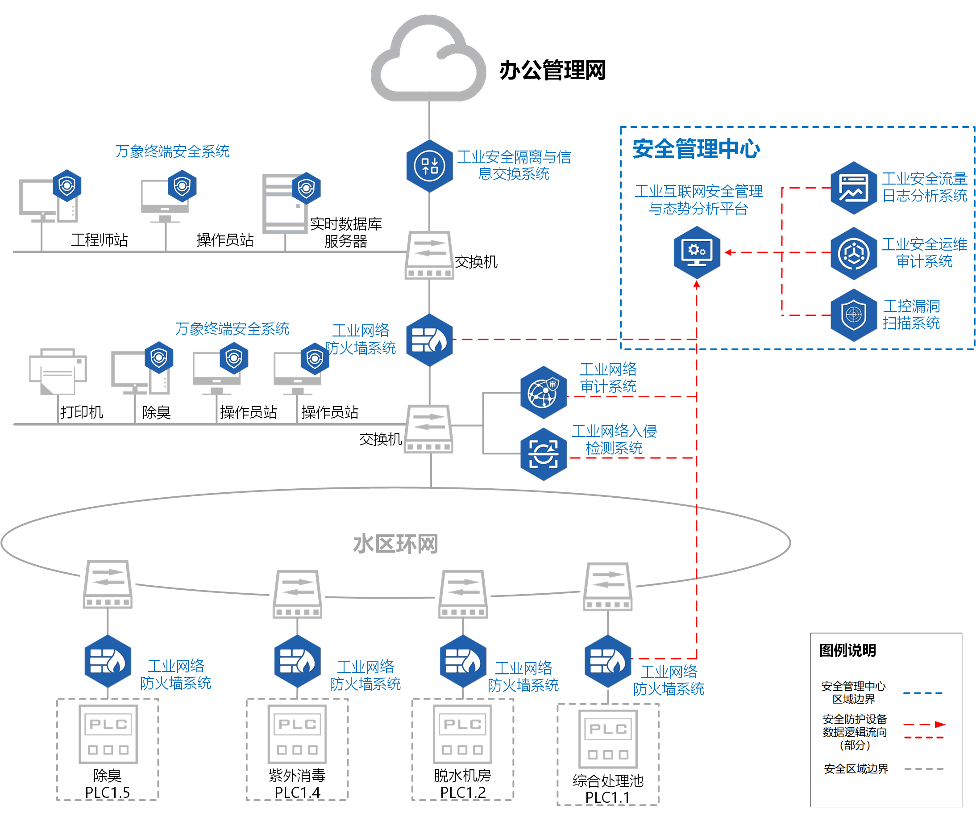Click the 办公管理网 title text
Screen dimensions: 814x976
click(x=552, y=71)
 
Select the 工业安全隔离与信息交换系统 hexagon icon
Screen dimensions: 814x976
click(x=429, y=166)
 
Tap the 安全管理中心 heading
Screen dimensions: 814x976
click(x=696, y=149)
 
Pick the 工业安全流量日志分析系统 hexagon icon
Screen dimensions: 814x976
click(x=853, y=188)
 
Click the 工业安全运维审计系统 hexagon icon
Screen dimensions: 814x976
click(x=853, y=253)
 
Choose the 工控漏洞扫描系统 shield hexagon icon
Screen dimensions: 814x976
click(x=853, y=315)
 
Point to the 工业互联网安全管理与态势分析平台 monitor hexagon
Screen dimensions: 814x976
click(x=697, y=252)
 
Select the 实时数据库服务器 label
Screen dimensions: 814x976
click(x=346, y=233)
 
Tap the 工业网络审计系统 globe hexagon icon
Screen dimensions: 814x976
click(x=543, y=392)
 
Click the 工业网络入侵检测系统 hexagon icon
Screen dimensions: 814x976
click(x=543, y=454)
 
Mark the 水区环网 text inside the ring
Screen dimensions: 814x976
click(x=395, y=544)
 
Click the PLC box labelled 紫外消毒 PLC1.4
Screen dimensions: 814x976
click(x=297, y=734)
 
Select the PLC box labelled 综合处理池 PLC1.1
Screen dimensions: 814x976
click(x=607, y=738)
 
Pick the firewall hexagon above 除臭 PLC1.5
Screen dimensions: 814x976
click(x=108, y=661)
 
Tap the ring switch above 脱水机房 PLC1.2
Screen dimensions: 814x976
click(x=463, y=594)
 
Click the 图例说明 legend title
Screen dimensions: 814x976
click(x=847, y=650)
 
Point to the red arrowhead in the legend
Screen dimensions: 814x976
click(x=940, y=724)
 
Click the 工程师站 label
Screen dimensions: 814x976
click(x=100, y=240)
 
